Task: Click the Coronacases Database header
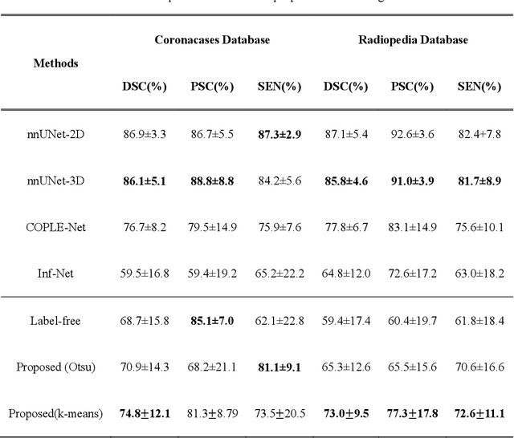pyautogui.click(x=212, y=39)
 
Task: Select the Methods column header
pyautogui.click(x=56, y=63)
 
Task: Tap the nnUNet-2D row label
pyautogui.click(x=56, y=134)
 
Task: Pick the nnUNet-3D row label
pyautogui.click(x=56, y=180)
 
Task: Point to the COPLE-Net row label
pyautogui.click(x=56, y=227)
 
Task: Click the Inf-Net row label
pyautogui.click(x=56, y=274)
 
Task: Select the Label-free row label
pyautogui.click(x=56, y=320)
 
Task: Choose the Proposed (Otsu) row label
pyautogui.click(x=56, y=367)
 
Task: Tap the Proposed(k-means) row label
pyautogui.click(x=56, y=413)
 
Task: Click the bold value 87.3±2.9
pyautogui.click(x=280, y=134)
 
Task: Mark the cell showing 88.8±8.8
pyautogui.click(x=212, y=180)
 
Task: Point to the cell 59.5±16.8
pyautogui.click(x=145, y=274)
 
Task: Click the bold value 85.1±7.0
pyautogui.click(x=212, y=320)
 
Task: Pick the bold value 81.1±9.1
pyautogui.click(x=280, y=367)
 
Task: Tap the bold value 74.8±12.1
pyautogui.click(x=145, y=413)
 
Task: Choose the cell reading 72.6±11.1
pyautogui.click(x=480, y=413)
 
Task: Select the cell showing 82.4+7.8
pyautogui.click(x=480, y=134)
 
